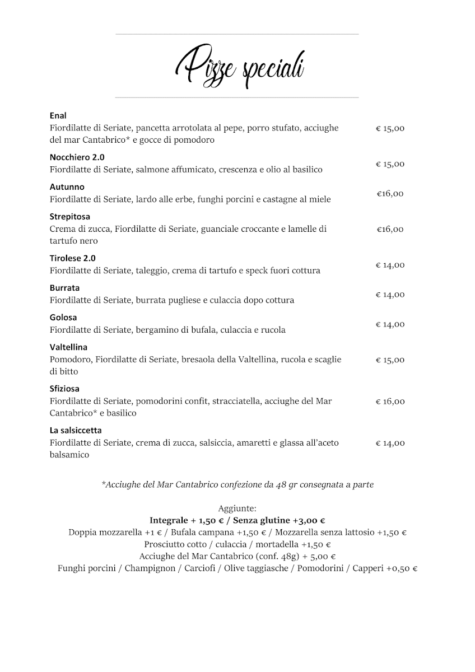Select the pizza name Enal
58,115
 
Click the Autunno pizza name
67,187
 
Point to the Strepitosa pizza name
70,216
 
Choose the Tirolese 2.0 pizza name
72,258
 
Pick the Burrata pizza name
64,288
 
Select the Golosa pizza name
63,318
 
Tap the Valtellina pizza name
68,347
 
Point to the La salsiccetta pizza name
76,430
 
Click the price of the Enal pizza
390,128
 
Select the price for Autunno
390,194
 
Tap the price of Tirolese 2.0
390,265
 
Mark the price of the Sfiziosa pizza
390,402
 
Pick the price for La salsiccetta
390,443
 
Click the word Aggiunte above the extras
237,508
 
